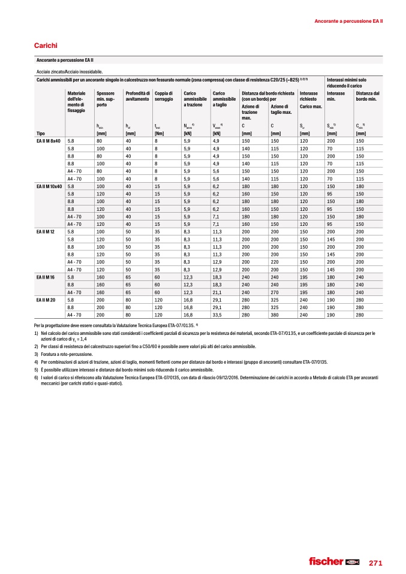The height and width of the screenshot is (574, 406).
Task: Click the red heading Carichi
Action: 46,45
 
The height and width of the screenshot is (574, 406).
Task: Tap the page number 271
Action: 375,563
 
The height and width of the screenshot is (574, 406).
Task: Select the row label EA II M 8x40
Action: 49,140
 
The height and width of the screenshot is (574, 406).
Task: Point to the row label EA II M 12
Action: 46,231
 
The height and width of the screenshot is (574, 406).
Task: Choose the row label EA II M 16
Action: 46,277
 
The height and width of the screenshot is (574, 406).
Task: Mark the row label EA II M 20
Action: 46,300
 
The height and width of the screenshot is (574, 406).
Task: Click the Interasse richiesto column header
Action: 311,99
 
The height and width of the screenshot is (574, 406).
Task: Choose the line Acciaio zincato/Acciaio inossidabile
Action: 69,72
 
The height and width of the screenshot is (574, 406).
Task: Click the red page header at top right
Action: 349,22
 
